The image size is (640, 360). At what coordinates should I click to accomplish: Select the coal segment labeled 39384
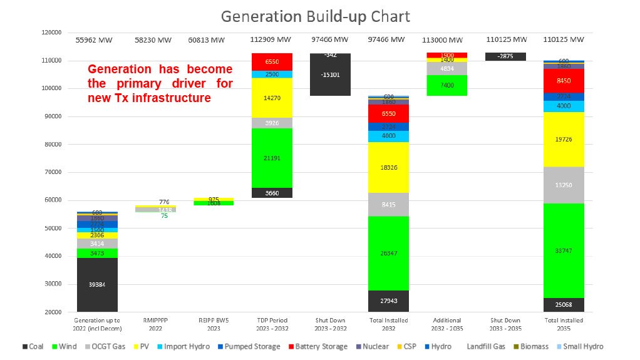tap(97, 284)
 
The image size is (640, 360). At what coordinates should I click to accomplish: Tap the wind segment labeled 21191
tap(271, 158)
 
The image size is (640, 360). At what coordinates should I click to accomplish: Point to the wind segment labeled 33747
tap(564, 250)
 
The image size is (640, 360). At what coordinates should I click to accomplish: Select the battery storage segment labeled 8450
tap(564, 80)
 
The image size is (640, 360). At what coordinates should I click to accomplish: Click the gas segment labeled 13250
tap(564, 185)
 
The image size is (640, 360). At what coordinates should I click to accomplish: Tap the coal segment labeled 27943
tap(388, 301)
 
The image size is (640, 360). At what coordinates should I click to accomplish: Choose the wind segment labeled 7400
tap(447, 85)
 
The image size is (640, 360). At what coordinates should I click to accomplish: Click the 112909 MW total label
tap(271, 40)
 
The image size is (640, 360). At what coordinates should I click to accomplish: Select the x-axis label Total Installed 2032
tap(388, 324)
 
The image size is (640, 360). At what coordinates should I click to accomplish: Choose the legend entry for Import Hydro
tap(187, 346)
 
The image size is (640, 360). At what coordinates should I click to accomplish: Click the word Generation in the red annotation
tap(119, 69)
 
